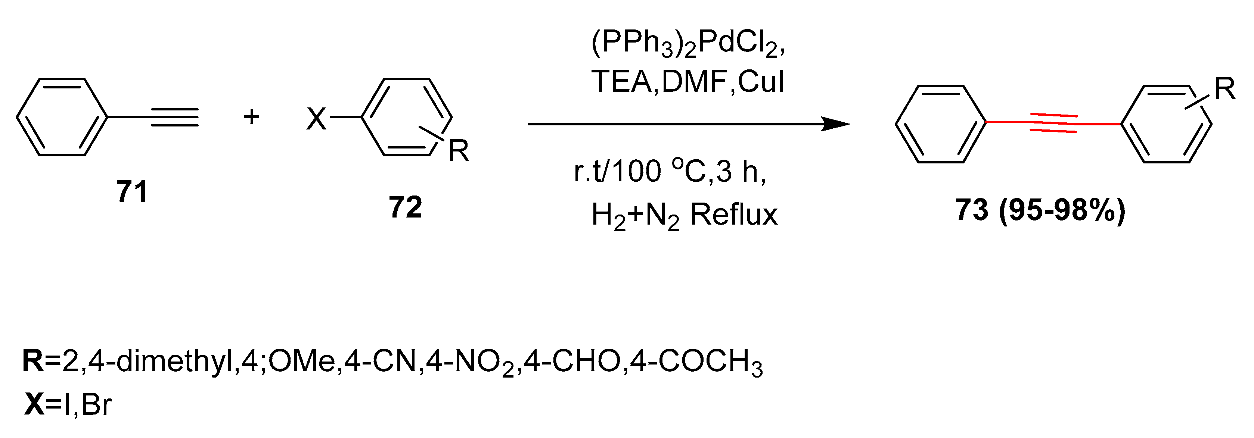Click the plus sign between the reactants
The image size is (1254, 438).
coord(252,117)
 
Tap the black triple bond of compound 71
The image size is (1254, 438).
coord(174,117)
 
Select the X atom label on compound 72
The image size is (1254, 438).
coord(316,118)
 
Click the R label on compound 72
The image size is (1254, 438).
coord(459,151)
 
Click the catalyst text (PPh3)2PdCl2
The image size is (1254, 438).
coord(688,45)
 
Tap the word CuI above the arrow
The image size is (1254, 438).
coord(760,82)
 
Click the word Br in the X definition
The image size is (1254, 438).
coord(96,404)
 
